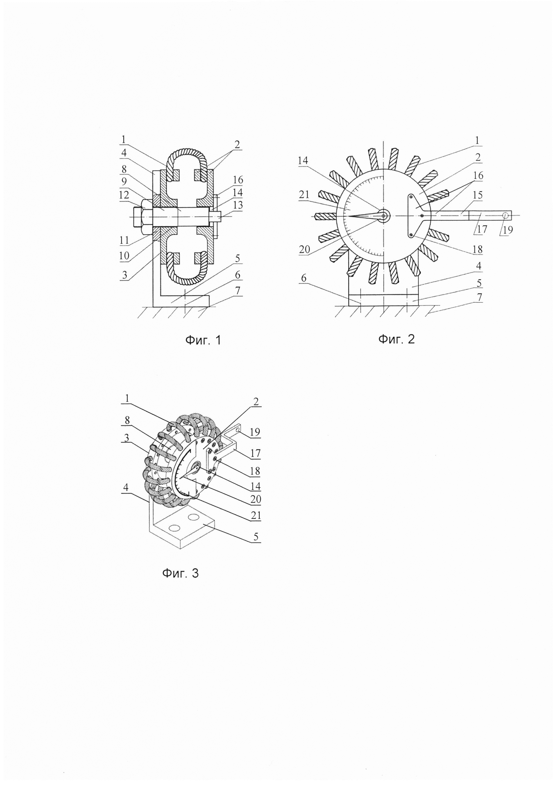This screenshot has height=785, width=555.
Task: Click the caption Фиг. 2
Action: [x=396, y=339]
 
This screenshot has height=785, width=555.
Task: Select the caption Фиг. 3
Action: [x=180, y=573]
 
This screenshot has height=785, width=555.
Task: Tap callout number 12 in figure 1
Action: [x=124, y=195]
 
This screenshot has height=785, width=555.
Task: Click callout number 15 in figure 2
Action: [x=477, y=195]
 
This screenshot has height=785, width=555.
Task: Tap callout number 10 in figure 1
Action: [x=124, y=255]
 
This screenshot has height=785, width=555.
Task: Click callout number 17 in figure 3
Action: [x=255, y=453]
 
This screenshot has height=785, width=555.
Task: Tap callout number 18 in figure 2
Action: [x=477, y=249]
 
